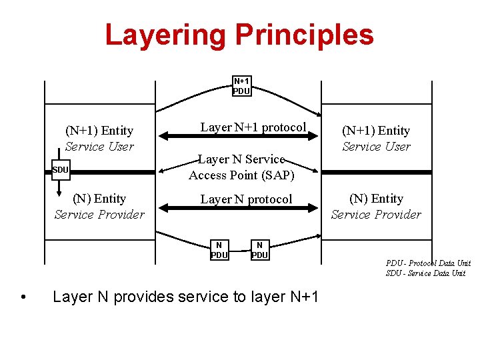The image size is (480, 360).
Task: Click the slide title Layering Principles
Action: coord(239,35)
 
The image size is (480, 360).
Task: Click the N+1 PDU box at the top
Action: coord(241,86)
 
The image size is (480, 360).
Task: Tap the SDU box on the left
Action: coord(60,170)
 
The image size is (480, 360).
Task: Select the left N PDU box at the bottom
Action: coord(219,250)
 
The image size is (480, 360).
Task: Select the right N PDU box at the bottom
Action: coord(259,250)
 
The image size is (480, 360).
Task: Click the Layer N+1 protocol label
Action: coord(253,127)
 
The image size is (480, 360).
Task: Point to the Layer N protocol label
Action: coord(246,199)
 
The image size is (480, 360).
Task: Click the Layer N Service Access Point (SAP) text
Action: coord(241,167)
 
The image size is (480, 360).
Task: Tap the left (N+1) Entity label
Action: coord(99,131)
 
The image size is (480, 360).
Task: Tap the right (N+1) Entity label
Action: coord(376,131)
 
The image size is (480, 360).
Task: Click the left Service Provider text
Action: coord(99,215)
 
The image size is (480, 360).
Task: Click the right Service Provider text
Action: coord(376,215)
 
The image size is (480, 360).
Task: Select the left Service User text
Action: coord(99,147)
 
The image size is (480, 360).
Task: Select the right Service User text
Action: coord(376,147)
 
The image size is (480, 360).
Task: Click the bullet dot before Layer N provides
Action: coord(24,297)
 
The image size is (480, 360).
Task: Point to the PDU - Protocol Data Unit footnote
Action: coord(428,263)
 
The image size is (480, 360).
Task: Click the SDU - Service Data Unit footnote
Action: coord(425,273)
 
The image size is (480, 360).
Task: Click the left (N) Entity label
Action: coord(99,199)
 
